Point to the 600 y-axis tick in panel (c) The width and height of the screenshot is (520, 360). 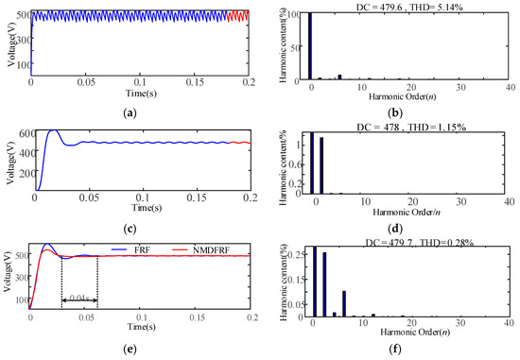pyautogui.click(x=20, y=133)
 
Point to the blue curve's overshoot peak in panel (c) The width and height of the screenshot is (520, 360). pyautogui.click(x=53, y=131)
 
